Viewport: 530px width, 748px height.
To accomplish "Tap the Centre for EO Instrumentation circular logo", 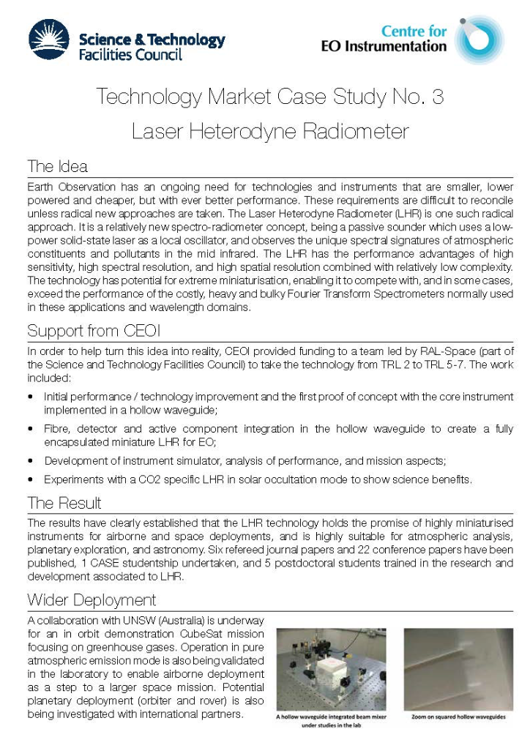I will point(479,40).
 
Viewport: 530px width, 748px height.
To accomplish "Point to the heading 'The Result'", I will point(64,504).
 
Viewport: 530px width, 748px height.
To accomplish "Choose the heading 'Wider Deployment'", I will point(92,600).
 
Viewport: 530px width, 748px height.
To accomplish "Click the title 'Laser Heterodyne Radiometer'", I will point(270,131).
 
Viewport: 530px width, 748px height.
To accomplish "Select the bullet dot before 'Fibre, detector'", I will point(30,430).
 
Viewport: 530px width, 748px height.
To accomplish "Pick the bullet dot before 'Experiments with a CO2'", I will point(30,480).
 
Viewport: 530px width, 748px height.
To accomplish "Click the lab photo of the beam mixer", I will point(331,670).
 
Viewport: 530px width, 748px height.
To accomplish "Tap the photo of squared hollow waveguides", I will point(458,670).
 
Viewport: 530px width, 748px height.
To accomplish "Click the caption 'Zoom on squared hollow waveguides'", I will point(458,718).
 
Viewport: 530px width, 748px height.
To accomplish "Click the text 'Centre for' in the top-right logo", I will point(414,31).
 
